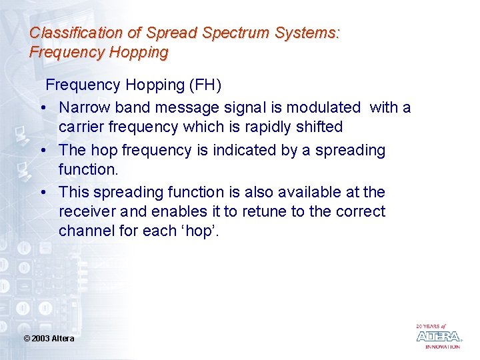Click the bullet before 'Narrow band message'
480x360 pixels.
42,108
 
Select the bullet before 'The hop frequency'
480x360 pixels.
42,151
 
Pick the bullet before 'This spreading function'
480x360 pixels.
42,193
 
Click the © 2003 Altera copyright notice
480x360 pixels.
49,339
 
